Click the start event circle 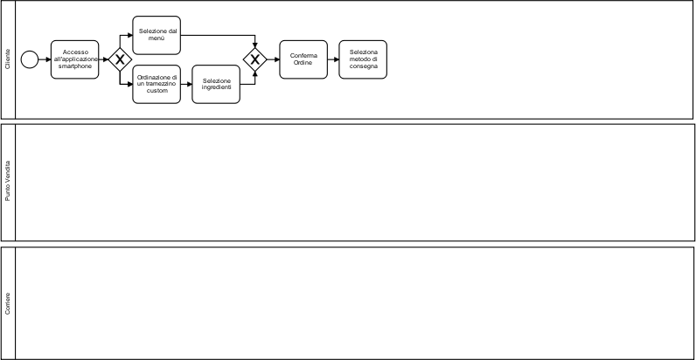pos(30,59)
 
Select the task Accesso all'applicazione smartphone pos(75,59)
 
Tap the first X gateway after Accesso pos(118,59)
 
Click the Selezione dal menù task pos(157,35)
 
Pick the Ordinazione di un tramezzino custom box pos(157,84)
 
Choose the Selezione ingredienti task pos(216,84)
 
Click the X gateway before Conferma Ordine pos(255,59)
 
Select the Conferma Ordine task pos(303,59)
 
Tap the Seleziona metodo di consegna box pos(363,59)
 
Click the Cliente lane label pos(8,59)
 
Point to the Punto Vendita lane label pos(8,182)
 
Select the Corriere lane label pos(8,302)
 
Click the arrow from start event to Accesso pos(45,59)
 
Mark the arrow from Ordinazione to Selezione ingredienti pos(186,84)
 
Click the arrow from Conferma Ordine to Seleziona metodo pos(333,59)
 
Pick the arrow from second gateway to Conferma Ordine pos(272,59)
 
